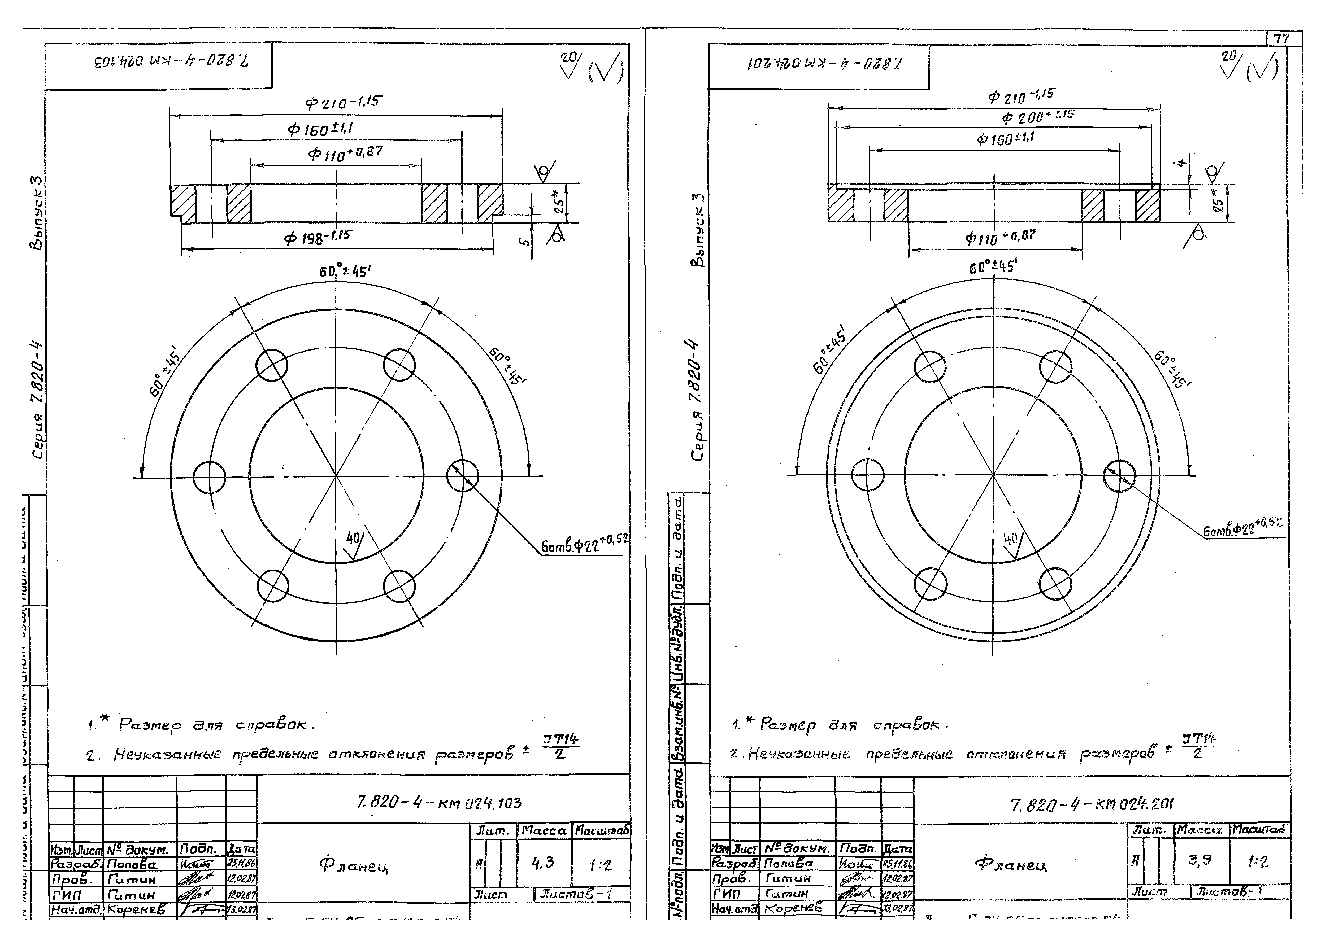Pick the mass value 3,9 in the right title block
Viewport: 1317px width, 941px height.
[x=1199, y=860]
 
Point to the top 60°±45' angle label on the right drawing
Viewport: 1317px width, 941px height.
[x=992, y=267]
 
